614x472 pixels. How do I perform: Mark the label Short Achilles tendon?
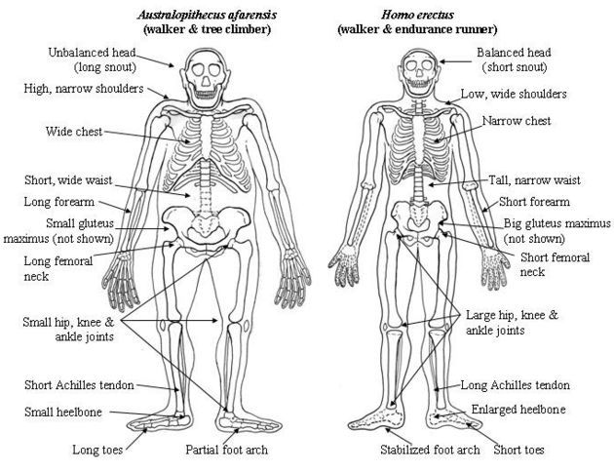(78, 384)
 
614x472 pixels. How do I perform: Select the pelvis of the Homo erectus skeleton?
(420, 223)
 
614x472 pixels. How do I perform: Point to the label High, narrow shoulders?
(84, 89)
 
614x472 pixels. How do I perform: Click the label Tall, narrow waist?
(535, 180)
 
